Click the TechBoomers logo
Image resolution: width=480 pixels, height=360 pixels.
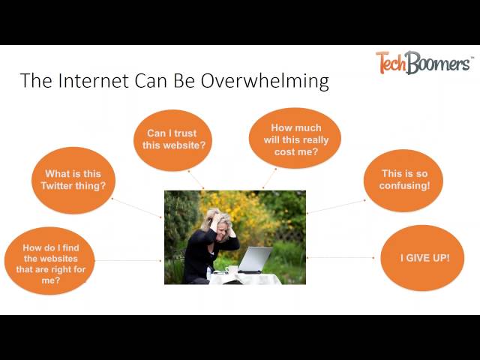click(424, 62)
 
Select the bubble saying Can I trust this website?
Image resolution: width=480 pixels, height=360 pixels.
click(172, 139)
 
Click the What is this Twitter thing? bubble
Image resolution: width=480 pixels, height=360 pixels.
click(73, 180)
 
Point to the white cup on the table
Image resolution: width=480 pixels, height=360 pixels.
click(232, 269)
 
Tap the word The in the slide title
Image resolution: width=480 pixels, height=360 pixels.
click(34, 81)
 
